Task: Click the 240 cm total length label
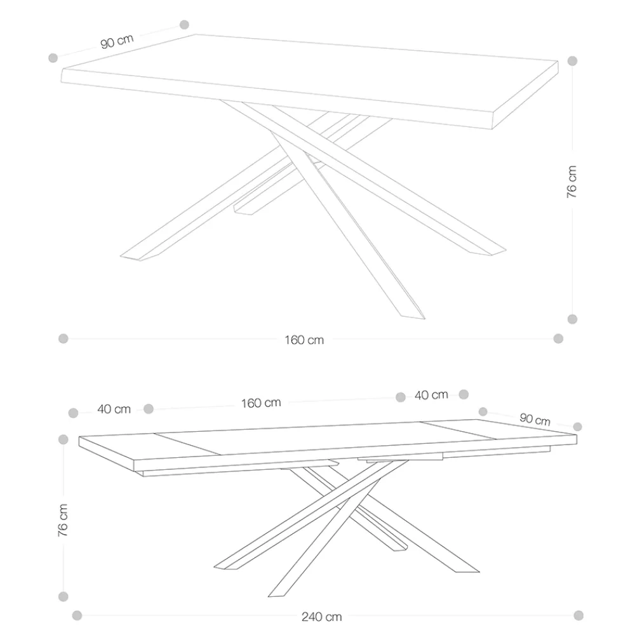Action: tap(321, 617)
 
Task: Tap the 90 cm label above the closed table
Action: tap(117, 41)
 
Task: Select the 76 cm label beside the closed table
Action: tap(571, 182)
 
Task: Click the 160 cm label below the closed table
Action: tap(304, 340)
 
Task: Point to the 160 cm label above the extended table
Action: tap(261, 403)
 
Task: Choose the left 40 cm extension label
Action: tap(114, 409)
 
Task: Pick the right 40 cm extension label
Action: tap(431, 395)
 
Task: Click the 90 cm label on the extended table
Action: tap(535, 420)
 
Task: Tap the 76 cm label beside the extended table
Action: tap(63, 521)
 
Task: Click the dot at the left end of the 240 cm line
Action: tap(77, 616)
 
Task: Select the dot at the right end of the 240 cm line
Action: tap(578, 615)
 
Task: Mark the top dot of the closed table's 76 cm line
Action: tap(572, 61)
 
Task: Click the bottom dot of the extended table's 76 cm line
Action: tap(63, 596)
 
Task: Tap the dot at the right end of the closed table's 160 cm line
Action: tap(558, 338)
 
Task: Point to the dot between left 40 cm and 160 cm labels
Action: tap(149, 409)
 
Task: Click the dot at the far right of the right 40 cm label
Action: tap(464, 394)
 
